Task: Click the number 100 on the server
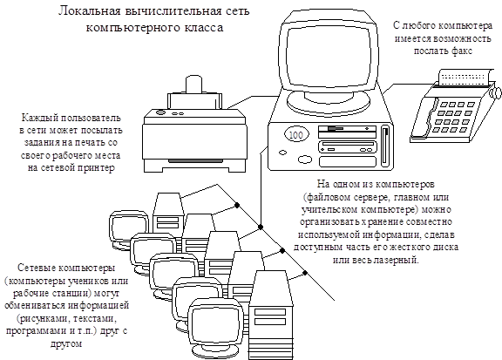coord(295,134)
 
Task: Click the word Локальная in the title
coord(89,11)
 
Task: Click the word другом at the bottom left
coord(66,343)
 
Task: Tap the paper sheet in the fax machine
coord(465,78)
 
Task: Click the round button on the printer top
coord(160,112)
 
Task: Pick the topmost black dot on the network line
coord(237,205)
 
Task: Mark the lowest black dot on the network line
coord(305,273)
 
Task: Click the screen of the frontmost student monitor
coord(214,323)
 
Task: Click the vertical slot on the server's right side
coord(385,146)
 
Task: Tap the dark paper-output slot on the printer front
coord(195,160)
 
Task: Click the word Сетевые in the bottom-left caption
coord(36,268)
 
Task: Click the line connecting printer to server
coord(252,100)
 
